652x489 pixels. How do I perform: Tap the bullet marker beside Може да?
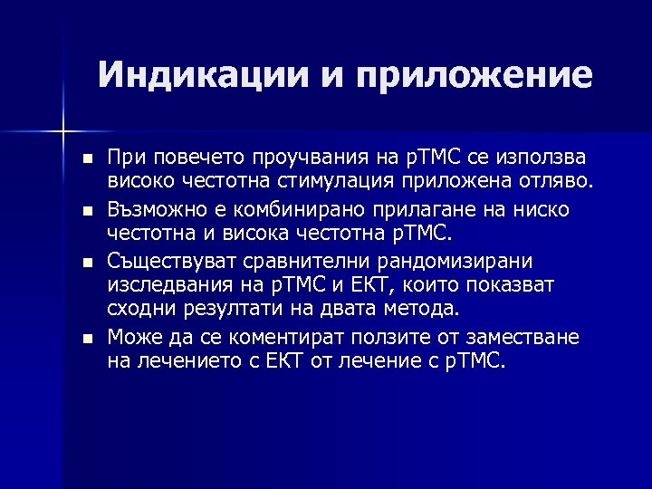87,339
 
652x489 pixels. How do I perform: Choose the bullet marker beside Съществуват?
87,263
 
